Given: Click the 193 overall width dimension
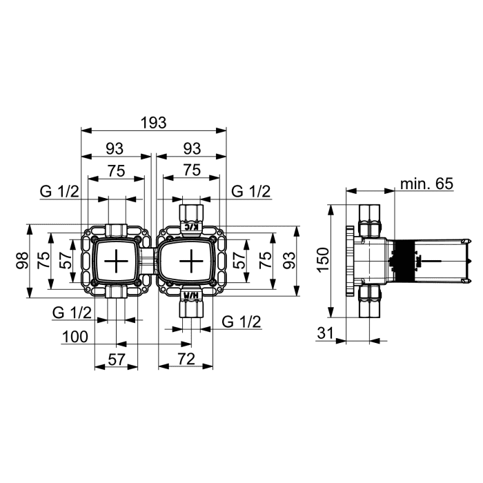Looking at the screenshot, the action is [153, 123].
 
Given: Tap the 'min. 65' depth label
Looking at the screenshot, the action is [426, 184].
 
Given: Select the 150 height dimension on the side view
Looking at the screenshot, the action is [324, 259].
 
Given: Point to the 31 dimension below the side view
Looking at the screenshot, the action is [326, 333].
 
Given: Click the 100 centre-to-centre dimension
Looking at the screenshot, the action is [75, 337].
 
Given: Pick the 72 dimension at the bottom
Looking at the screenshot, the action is [186, 359].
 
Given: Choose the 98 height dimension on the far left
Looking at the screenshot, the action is [22, 260].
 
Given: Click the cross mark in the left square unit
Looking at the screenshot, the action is [116, 261].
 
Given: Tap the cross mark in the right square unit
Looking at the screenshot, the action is [191, 261].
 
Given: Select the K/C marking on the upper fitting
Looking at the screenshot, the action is [191, 228].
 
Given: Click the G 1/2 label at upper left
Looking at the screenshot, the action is [59, 192].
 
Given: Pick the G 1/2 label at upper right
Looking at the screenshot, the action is [250, 191].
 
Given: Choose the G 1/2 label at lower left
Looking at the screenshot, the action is [72, 313].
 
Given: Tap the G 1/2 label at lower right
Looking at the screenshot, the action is [241, 322].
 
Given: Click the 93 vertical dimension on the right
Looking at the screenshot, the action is [289, 261].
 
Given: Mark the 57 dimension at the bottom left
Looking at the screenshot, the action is [117, 359].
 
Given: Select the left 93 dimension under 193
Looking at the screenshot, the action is [115, 148].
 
